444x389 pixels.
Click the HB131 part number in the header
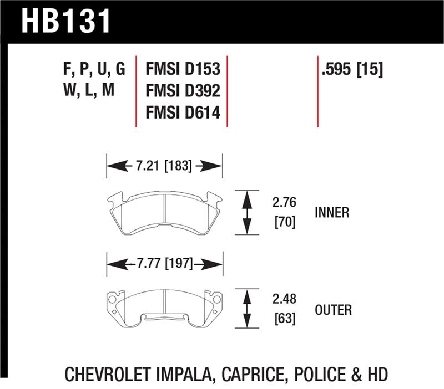[x=66, y=21]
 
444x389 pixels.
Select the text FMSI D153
[x=183, y=70]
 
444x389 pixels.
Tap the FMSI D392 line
[x=183, y=91]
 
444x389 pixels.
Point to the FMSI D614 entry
[x=183, y=112]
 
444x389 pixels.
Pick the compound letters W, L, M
[x=89, y=91]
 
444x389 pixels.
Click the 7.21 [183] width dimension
[x=163, y=165]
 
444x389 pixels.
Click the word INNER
[x=331, y=213]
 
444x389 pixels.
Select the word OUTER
[x=333, y=310]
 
